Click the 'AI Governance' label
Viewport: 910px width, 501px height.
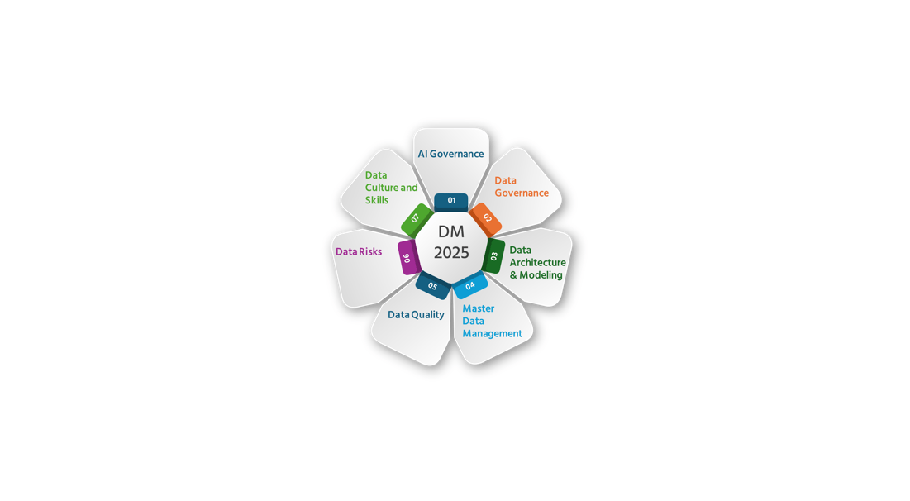[451, 154]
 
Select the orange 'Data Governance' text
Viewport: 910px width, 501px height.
[522, 186]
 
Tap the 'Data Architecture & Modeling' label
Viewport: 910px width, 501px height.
[538, 262]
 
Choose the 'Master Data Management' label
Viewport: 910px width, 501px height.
[492, 321]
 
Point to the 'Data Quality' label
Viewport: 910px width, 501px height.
[416, 315]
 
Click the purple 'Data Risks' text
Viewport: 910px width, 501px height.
[359, 251]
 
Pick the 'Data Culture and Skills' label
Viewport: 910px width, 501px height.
[392, 188]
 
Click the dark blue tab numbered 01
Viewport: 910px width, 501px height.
[451, 202]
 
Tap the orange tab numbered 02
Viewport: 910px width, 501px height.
[486, 219]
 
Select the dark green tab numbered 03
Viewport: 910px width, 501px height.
[493, 256]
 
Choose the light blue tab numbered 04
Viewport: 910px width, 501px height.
[469, 285]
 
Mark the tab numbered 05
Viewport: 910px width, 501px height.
[433, 285]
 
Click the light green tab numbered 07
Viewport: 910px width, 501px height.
[416, 219]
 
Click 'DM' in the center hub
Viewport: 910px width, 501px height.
[451, 231]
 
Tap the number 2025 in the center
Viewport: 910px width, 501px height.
[451, 252]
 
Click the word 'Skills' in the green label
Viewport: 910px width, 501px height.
[377, 200]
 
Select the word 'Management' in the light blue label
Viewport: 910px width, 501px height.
[492, 334]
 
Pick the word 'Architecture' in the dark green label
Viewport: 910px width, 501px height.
[538, 262]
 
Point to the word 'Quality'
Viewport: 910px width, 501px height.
[428, 315]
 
